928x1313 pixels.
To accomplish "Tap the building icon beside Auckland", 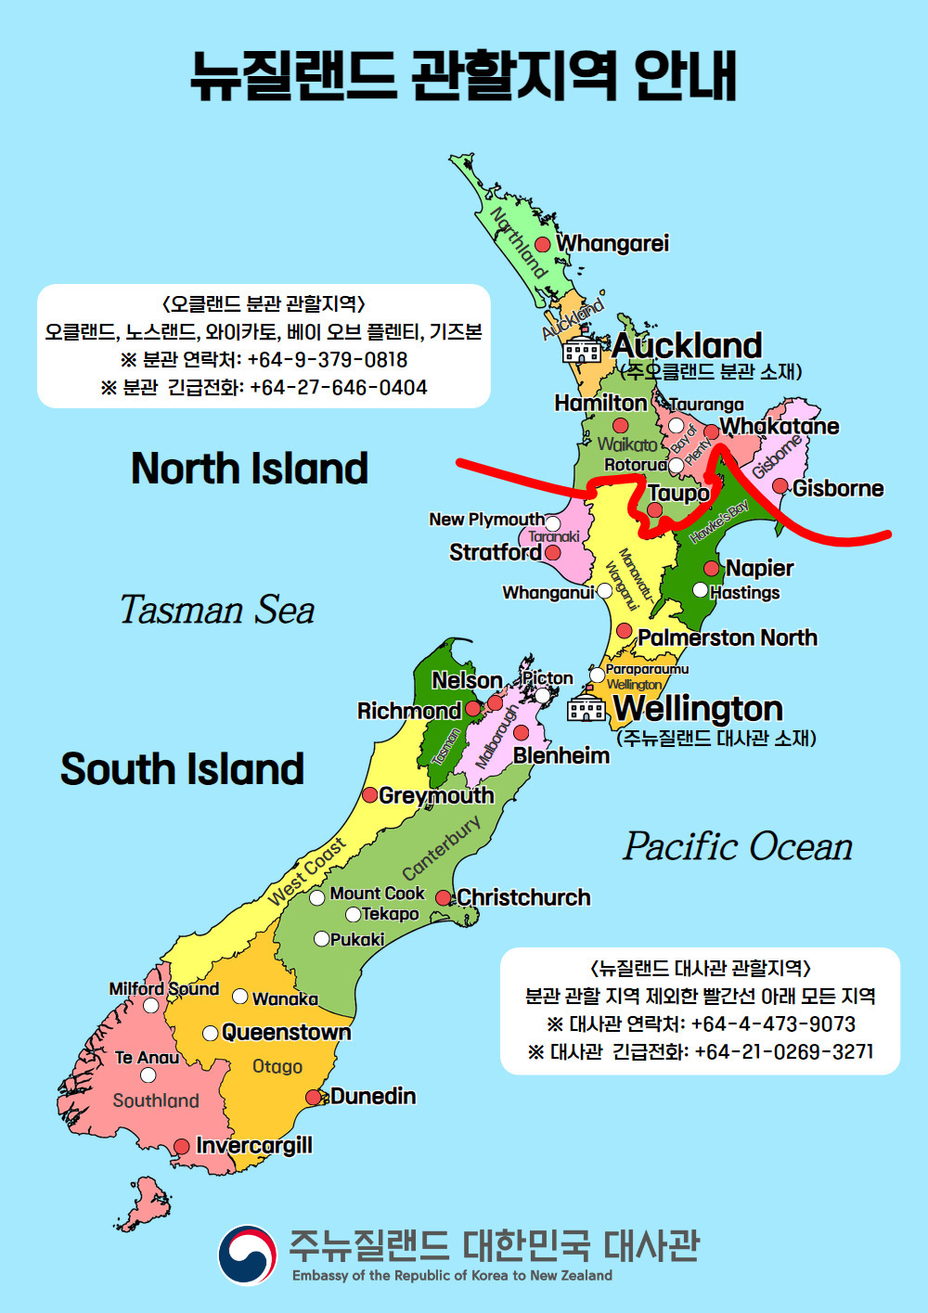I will coord(582,348).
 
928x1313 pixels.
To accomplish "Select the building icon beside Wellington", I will coord(586,707).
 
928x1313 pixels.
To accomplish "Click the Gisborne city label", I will coord(837,488).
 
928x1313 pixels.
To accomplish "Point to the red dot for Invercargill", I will coord(182,1147).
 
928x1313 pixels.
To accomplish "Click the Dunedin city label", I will coord(372,1096).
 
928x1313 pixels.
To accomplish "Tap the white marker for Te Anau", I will coord(148,1075).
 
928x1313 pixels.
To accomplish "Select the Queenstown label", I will coord(286,1032).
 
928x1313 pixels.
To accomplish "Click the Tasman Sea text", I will coord(217,610).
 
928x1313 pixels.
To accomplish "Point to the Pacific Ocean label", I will coord(738,846).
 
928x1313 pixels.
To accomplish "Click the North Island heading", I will coord(250,468).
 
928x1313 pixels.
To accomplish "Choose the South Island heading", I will coord(183,769).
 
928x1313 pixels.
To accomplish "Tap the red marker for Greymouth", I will coord(369,794).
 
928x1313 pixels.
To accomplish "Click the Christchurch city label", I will coord(523,897).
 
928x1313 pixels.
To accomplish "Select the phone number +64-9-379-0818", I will coord(328,360).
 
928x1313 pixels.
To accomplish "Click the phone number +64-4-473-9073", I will coord(773,1023).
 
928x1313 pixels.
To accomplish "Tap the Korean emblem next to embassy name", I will coord(247,1255).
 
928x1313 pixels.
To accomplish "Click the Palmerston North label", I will coord(728,637).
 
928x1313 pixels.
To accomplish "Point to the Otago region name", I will coord(277,1066).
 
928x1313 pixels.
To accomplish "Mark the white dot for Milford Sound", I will coord(150,1006).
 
